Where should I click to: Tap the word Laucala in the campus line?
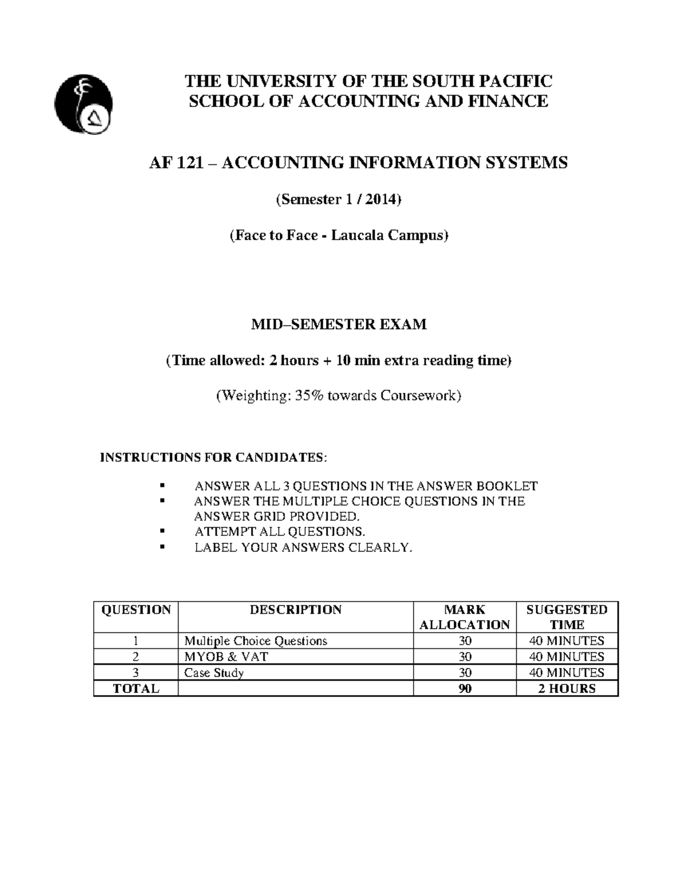coord(354,235)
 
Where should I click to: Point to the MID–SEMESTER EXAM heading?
coord(338,325)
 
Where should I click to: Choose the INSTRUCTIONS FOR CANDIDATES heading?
coord(212,457)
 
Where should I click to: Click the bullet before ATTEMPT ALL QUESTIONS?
coord(163,531)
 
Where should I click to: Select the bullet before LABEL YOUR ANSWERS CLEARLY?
coord(163,547)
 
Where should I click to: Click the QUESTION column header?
coord(136,610)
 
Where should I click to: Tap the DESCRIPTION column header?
coord(295,610)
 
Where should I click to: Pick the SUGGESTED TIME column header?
coord(567,617)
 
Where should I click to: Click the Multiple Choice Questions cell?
coord(256,641)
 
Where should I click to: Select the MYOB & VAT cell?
coord(226,657)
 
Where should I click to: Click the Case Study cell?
coord(214,673)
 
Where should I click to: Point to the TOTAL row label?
coord(136,689)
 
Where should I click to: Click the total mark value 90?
coord(465,689)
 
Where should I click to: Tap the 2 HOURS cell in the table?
coord(567,689)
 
